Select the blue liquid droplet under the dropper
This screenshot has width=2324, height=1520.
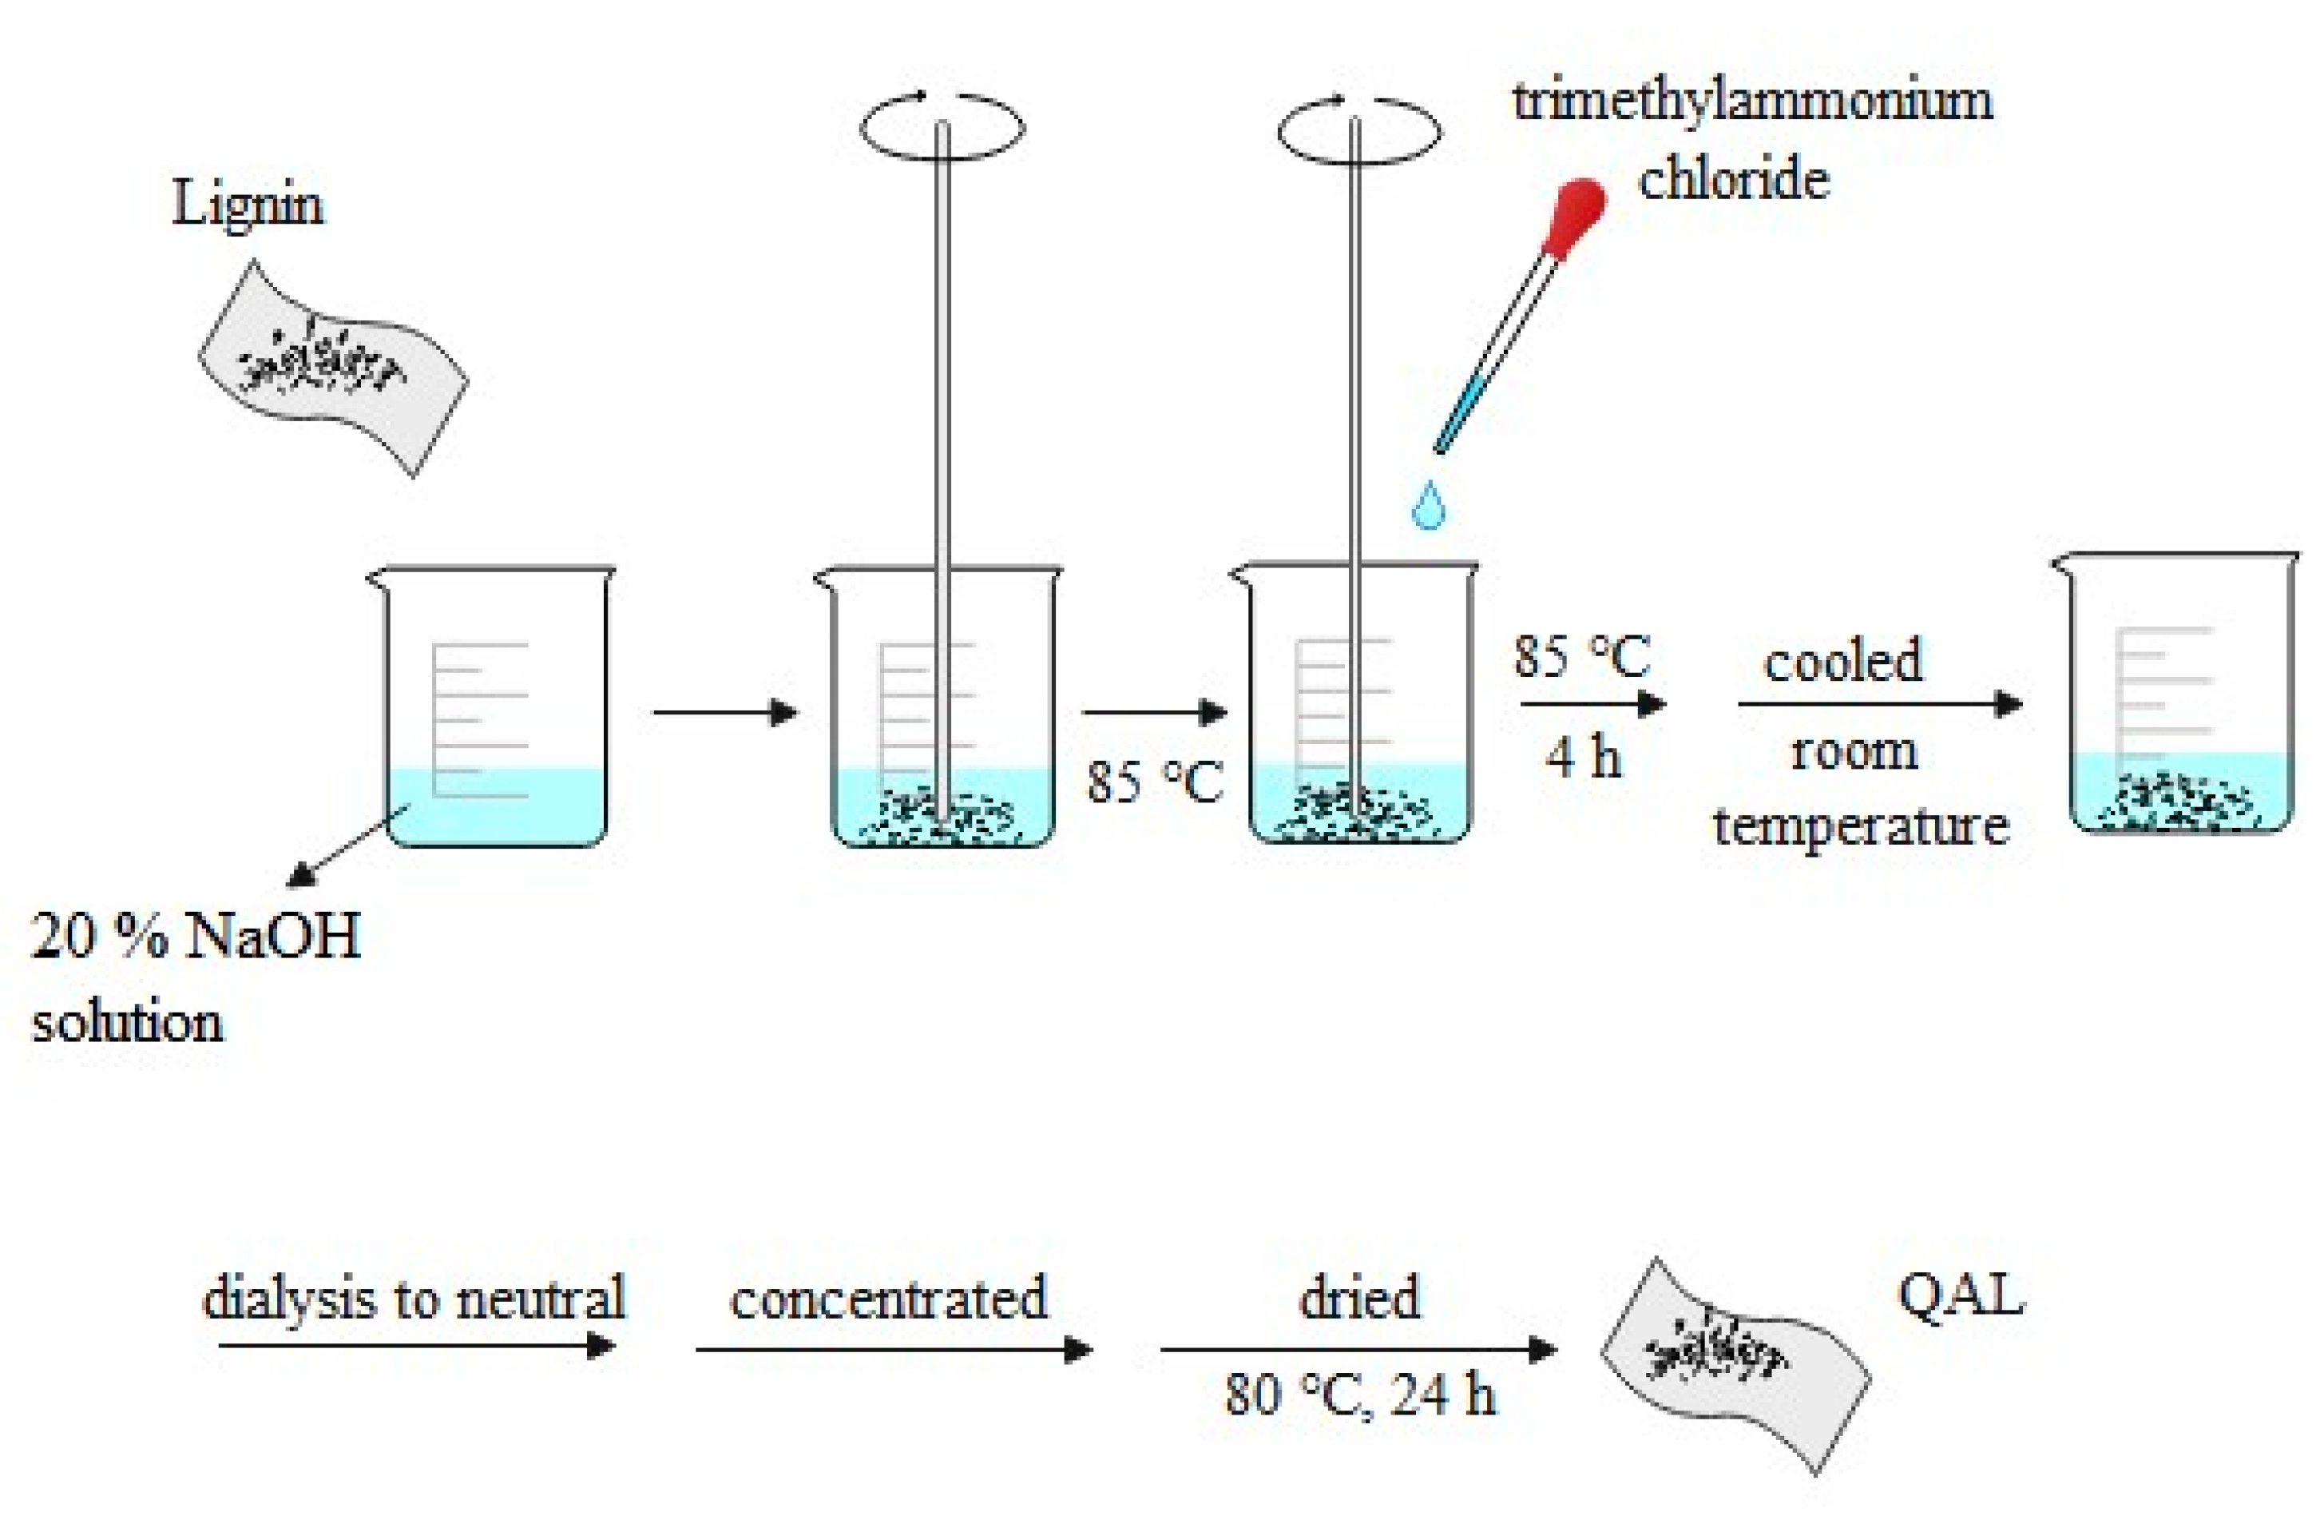tap(1428, 506)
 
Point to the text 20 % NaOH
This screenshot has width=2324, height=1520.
tap(196, 937)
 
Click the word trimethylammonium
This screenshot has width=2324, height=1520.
tap(1752, 101)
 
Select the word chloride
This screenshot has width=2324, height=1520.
tap(1733, 181)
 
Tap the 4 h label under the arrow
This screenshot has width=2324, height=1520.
tap(1583, 757)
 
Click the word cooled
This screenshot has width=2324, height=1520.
tap(1842, 662)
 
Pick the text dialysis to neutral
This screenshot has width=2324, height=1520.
tap(413, 1299)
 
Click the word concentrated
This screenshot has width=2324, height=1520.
tap(887, 1299)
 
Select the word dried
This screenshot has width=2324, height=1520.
tap(1359, 1299)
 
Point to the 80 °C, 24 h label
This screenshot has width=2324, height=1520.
tap(1360, 1394)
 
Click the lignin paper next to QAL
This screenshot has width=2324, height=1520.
tap(1734, 1366)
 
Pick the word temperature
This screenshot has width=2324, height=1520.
tap(1860, 826)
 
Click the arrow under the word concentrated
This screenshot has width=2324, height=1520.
tap(893, 1350)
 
